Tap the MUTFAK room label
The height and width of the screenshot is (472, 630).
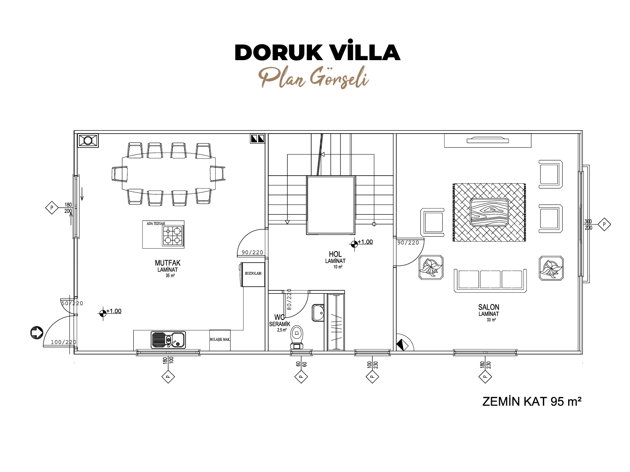(x=167, y=263)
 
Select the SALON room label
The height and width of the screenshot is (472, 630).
(x=489, y=307)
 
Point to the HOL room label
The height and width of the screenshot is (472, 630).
(x=335, y=254)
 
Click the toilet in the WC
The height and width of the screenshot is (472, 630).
(x=297, y=337)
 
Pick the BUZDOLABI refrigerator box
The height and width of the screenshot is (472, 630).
(x=253, y=274)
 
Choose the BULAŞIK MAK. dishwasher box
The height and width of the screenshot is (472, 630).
(x=220, y=340)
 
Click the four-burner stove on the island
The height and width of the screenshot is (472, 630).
(x=173, y=235)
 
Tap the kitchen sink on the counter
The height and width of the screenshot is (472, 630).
(x=168, y=340)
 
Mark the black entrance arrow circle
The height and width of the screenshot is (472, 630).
(x=37, y=333)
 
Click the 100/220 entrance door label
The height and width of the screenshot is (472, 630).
(x=63, y=342)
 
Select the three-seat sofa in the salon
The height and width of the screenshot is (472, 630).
(x=490, y=281)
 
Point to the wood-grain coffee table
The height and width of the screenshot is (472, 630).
(x=489, y=213)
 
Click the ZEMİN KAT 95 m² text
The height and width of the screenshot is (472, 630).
(x=532, y=401)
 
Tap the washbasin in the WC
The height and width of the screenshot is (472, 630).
(x=318, y=313)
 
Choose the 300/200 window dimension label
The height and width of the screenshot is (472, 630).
(x=588, y=225)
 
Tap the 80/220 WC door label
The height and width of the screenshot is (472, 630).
(x=289, y=299)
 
